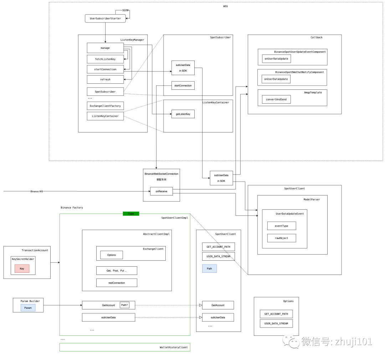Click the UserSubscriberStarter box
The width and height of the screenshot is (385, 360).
105,19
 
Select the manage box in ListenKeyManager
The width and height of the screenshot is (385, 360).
105,48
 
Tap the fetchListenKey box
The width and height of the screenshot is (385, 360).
105,59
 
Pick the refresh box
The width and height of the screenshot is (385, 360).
105,79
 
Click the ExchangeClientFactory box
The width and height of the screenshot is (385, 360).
105,106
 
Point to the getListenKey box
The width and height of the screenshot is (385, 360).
183,114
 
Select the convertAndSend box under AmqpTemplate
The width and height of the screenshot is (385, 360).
276,99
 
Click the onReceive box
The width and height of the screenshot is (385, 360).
161,191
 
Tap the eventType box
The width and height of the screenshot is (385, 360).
282,226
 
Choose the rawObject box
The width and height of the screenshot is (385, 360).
282,238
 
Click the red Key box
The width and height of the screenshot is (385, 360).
22,268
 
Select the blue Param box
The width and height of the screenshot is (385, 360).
28,308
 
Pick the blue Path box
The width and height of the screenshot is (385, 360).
209,268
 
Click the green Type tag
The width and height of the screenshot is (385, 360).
131,214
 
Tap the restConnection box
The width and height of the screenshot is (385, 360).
117,283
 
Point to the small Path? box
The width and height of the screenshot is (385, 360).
124,305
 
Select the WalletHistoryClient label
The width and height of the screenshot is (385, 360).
174,347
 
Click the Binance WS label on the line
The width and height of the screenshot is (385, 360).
37,192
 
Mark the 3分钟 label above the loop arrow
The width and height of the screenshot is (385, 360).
125,10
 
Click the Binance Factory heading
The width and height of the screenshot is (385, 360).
72,208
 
